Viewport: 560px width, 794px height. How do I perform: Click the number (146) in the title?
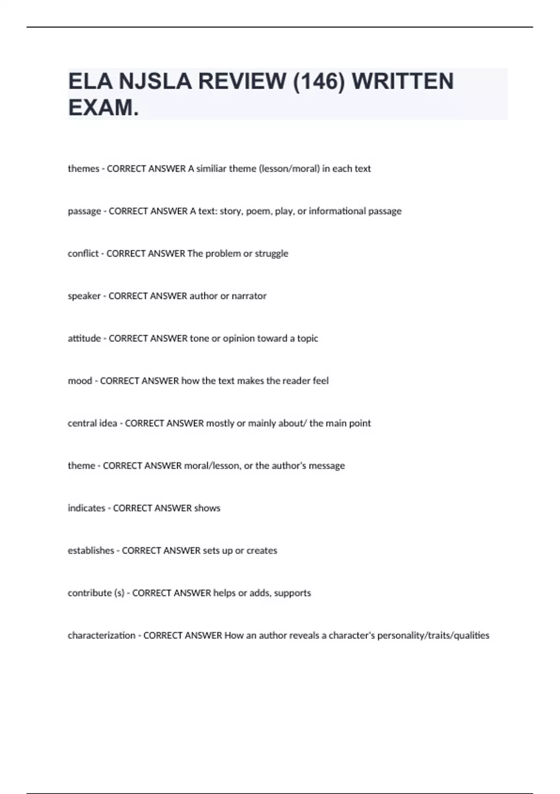[318, 81]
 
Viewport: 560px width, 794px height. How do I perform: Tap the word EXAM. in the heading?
[103, 108]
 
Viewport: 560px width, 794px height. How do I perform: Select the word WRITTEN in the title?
[402, 81]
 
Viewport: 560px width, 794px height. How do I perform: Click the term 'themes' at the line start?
[84, 169]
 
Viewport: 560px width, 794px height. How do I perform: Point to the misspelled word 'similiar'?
[211, 169]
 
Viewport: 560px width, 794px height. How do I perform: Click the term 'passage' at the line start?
[84, 211]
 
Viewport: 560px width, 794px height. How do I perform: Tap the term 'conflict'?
[83, 254]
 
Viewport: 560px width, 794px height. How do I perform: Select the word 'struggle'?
[271, 254]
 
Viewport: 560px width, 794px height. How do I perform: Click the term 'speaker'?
[84, 296]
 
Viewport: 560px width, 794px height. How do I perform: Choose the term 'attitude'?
[84, 339]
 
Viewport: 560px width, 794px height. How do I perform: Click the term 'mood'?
[80, 381]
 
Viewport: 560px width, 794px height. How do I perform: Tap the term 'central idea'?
[92, 424]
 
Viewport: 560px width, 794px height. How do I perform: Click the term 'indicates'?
[86, 508]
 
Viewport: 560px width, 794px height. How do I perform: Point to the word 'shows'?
[207, 508]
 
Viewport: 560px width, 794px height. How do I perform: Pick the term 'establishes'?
[91, 551]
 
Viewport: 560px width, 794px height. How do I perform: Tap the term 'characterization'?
[101, 636]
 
